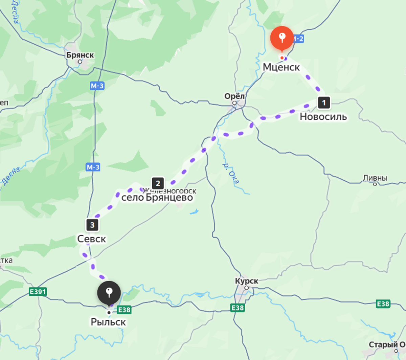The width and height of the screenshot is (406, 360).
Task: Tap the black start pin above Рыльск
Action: [x=109, y=292]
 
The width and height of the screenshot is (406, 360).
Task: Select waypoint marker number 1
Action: [x=324, y=102]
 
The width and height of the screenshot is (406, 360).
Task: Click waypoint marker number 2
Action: [x=158, y=183]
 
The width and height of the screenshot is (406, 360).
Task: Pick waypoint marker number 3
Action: [x=92, y=225]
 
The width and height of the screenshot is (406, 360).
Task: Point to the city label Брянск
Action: [x=80, y=55]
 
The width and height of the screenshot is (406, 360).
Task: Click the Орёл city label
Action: [x=234, y=96]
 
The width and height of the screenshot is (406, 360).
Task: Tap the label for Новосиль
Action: [x=323, y=117]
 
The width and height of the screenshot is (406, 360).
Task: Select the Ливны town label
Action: [x=375, y=178]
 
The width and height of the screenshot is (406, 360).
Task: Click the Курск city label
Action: [x=247, y=281]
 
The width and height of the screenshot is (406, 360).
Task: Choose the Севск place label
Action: [x=92, y=239]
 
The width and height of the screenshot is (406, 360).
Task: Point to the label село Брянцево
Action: [x=157, y=198]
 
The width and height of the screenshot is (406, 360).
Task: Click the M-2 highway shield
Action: [x=298, y=39]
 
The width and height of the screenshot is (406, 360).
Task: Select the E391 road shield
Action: [x=38, y=292]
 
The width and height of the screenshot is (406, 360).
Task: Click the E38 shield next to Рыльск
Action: [x=124, y=310]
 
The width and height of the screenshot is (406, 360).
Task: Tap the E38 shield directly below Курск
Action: [x=238, y=308]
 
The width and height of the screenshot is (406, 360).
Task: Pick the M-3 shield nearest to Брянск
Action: [x=97, y=86]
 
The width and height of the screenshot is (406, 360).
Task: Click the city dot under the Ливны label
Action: [x=375, y=184]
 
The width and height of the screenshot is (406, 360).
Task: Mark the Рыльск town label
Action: [x=108, y=322]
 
